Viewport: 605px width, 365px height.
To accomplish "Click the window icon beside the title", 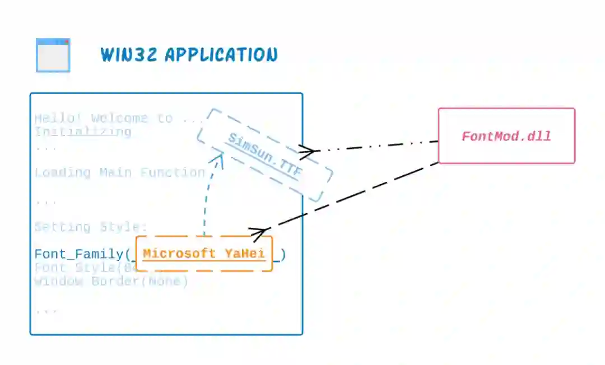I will [x=53, y=55].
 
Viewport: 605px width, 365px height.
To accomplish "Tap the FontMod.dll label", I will [x=506, y=136].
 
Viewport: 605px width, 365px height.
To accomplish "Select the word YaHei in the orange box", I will [x=245, y=254].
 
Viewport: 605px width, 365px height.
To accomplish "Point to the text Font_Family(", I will [x=82, y=255].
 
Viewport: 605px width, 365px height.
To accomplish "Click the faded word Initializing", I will [x=83, y=132].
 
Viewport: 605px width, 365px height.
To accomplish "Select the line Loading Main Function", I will [x=120, y=172].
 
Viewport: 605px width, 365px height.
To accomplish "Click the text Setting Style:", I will [x=90, y=227].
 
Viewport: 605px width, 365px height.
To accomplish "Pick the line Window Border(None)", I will [x=111, y=281].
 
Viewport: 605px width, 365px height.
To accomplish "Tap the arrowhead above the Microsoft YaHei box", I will [x=258, y=233].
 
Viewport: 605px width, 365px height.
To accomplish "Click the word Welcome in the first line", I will [x=119, y=118].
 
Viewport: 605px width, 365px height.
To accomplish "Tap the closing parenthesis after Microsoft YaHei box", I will [x=283, y=255].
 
